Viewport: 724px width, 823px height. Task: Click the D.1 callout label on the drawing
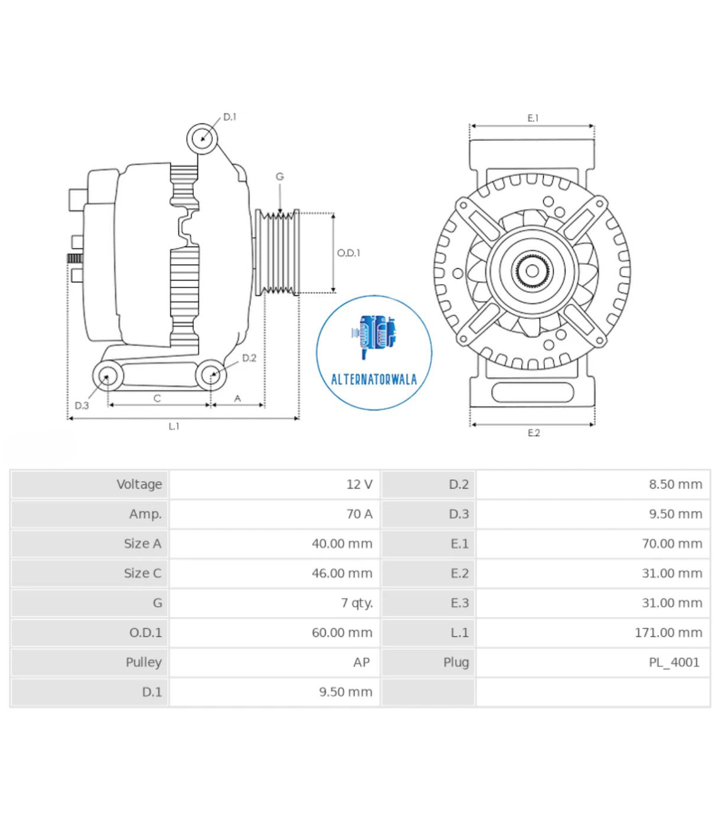click(x=229, y=117)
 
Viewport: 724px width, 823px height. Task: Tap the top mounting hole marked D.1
click(x=202, y=139)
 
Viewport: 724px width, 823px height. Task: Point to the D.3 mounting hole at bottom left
click(x=107, y=376)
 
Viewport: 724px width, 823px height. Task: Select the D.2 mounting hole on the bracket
click(x=211, y=375)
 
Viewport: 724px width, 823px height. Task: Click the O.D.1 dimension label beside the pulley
click(x=348, y=253)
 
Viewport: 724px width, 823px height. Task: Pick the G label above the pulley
click(x=280, y=177)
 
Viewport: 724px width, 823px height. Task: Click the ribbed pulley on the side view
click(x=278, y=252)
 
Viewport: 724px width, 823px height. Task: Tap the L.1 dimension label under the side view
click(x=174, y=426)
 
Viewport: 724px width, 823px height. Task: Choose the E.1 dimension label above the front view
click(x=533, y=118)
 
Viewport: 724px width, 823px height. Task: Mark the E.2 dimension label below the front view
click(x=533, y=433)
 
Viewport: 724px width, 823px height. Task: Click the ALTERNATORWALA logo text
click(x=374, y=379)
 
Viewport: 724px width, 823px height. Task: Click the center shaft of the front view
click(x=532, y=271)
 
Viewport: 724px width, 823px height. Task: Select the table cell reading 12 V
click(x=359, y=484)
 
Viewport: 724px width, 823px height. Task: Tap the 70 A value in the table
click(x=359, y=514)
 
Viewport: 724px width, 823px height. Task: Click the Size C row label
click(x=142, y=573)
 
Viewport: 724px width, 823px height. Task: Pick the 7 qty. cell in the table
click(x=356, y=603)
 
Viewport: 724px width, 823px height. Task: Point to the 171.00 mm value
click(x=668, y=632)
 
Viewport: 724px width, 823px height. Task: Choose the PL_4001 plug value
click(x=674, y=662)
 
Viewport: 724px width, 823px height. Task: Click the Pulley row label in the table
click(x=143, y=662)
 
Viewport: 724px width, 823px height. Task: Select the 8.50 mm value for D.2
click(x=675, y=484)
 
